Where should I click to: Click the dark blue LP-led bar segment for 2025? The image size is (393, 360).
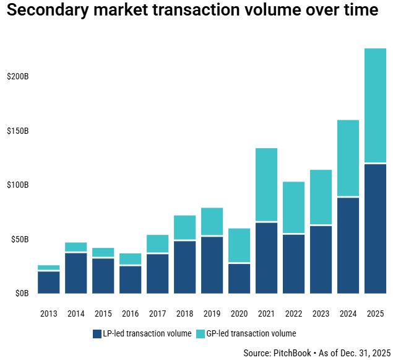[376, 229]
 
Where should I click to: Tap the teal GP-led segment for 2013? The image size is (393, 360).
[49, 268]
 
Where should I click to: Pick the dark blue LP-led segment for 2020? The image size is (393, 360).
[240, 279]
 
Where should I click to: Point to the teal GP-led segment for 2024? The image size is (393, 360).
[348, 158]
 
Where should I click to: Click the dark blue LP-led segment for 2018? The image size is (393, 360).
[185, 267]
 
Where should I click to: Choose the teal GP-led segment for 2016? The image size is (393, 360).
[131, 259]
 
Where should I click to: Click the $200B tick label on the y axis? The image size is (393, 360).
[17, 77]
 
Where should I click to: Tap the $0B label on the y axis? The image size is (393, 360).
[21, 293]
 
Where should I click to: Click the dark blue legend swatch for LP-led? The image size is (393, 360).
[97, 333]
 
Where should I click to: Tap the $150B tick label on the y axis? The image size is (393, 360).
[17, 131]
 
